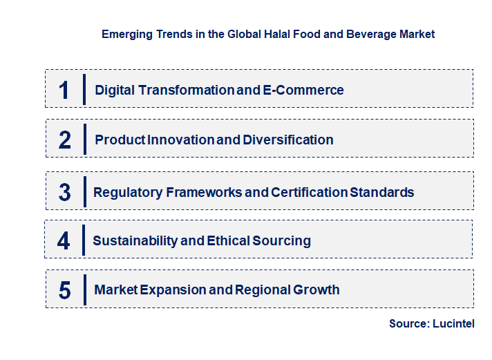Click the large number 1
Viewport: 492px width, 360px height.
pyautogui.click(x=64, y=90)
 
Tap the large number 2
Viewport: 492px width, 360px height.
pyautogui.click(x=64, y=140)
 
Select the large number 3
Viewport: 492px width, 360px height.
pyautogui.click(x=64, y=192)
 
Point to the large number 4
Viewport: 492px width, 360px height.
pyautogui.click(x=64, y=241)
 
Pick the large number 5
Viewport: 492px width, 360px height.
pyautogui.click(x=64, y=290)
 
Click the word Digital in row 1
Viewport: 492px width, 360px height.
pyautogui.click(x=115, y=90)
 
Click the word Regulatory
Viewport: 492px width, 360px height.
pyautogui.click(x=127, y=192)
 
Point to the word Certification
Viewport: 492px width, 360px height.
pyautogui.click(x=309, y=192)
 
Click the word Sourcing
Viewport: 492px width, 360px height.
pyautogui.click(x=282, y=240)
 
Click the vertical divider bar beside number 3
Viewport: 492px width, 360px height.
pyautogui.click(x=84, y=191)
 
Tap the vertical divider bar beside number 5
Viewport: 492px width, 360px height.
pyautogui.click(x=84, y=289)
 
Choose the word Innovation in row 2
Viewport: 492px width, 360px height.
pyautogui.click(x=181, y=140)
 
